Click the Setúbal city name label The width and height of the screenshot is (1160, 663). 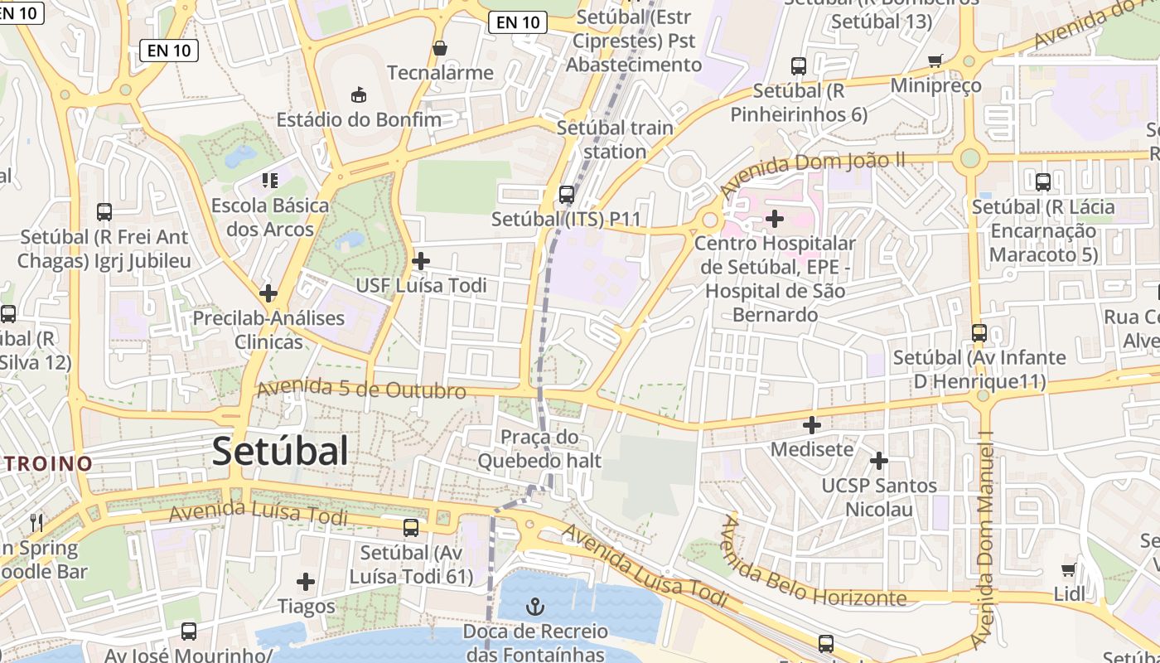(280, 452)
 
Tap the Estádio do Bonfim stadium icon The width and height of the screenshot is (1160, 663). (359, 95)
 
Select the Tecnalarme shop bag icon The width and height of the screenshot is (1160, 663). (440, 49)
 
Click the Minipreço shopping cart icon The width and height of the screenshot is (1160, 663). (935, 60)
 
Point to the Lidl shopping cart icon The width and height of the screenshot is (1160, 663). (1069, 569)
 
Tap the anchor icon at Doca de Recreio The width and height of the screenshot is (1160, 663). (535, 607)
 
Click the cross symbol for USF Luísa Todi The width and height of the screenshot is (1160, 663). (421, 261)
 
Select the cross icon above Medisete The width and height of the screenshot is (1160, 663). (812, 425)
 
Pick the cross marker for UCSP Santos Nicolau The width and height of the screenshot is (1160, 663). (879, 460)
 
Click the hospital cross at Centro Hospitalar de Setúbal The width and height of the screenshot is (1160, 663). (775, 219)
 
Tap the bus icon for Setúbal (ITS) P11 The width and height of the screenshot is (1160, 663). (567, 195)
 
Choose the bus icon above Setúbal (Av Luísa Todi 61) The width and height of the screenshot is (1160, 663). (411, 527)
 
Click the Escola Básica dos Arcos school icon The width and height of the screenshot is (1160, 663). (269, 180)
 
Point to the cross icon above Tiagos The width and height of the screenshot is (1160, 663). (306, 582)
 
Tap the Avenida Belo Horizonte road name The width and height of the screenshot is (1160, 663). (812, 572)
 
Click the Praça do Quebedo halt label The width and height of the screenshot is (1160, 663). (539, 448)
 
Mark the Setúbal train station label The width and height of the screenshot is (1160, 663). (615, 139)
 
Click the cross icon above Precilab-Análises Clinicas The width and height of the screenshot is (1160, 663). (268, 293)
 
